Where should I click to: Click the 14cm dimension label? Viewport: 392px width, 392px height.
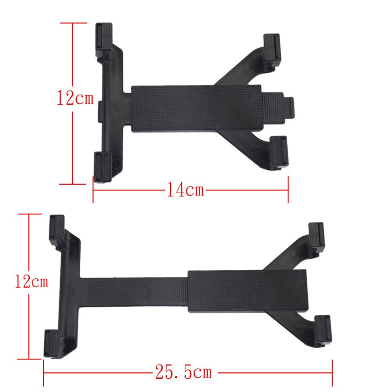tap(185, 191)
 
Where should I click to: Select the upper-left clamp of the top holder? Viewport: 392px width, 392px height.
tap(104, 39)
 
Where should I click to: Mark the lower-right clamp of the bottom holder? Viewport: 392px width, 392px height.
tap(323, 331)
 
